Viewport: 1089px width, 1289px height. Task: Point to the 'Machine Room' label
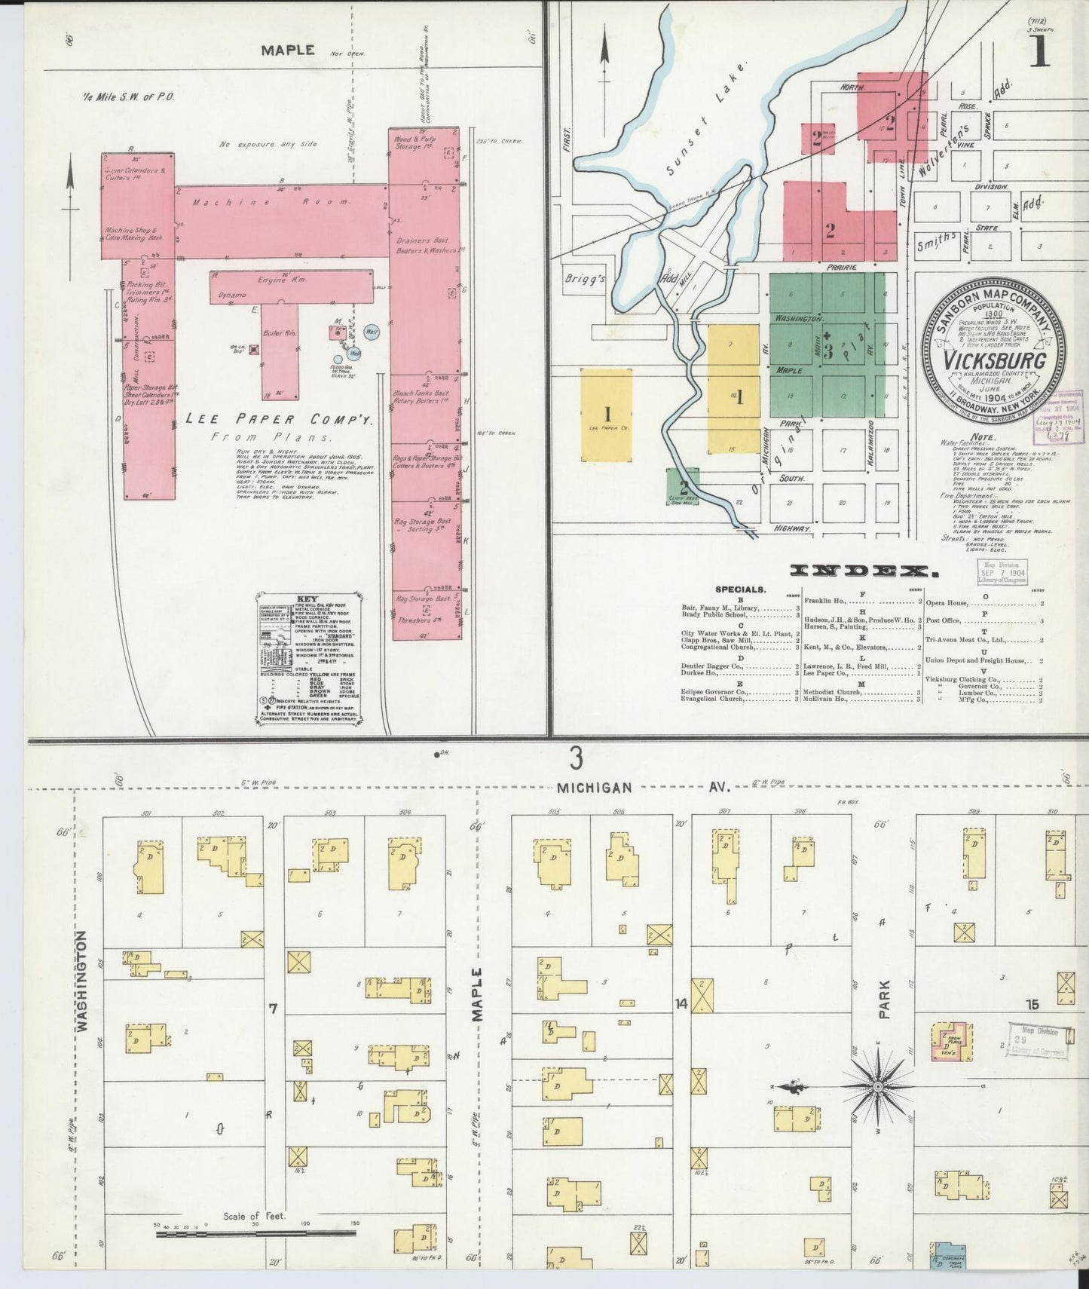coord(271,202)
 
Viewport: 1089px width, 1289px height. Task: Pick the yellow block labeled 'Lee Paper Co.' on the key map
coord(607,415)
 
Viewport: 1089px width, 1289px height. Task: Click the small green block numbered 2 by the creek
coord(684,482)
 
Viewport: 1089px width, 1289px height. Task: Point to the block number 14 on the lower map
coord(681,1004)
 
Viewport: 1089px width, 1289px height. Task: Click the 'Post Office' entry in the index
coord(944,620)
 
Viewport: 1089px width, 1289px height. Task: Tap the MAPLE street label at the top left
coord(287,51)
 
